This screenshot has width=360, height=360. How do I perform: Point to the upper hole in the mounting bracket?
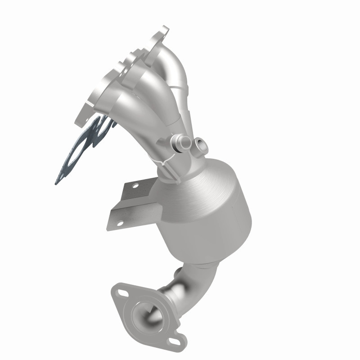click(x=134, y=185)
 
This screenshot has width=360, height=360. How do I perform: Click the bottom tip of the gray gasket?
click(x=58, y=182)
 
